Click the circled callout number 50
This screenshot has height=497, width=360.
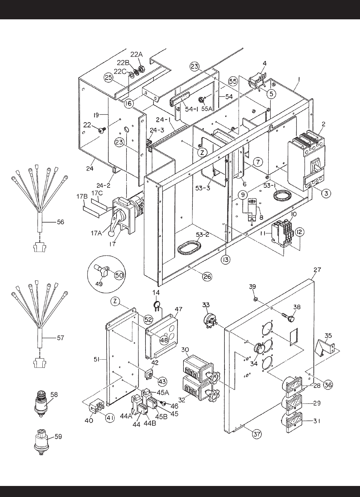[x=119, y=275]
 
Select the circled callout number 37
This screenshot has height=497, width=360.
[x=257, y=434]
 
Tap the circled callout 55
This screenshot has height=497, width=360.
[x=233, y=81]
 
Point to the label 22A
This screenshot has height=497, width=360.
[x=136, y=54]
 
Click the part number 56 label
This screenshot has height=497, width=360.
[x=60, y=222]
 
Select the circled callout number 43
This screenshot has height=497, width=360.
[x=162, y=381]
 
